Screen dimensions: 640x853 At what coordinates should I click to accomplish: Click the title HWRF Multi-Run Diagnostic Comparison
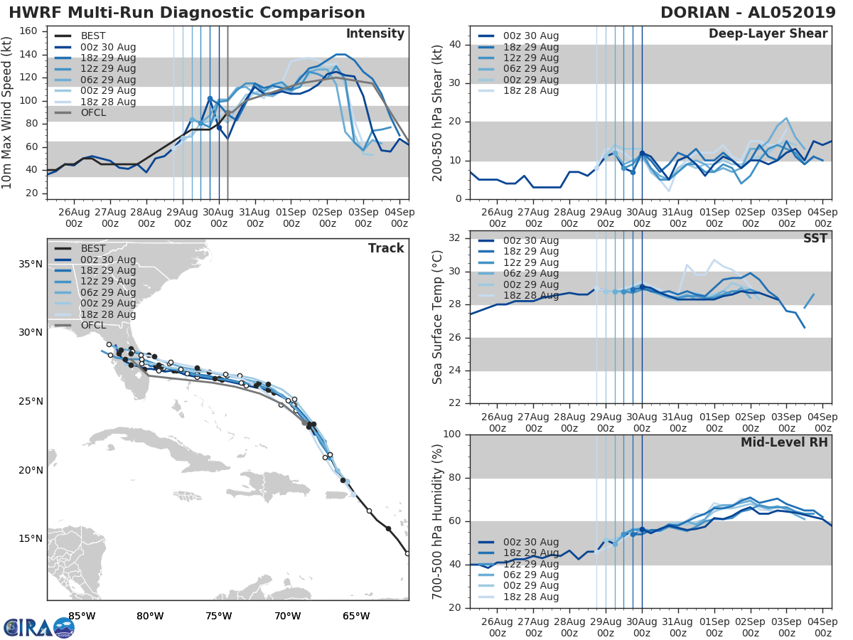[x=187, y=13]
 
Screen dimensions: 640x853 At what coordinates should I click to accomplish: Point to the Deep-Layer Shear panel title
[x=768, y=34]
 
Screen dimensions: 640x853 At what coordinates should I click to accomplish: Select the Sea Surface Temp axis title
[x=439, y=317]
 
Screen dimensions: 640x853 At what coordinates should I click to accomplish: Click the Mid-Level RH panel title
[x=784, y=442]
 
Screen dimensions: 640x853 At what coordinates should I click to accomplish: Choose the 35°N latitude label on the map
[x=31, y=265]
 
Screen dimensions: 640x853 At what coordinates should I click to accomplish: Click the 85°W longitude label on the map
[x=82, y=616]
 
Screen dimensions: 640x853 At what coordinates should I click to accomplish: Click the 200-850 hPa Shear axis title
[x=439, y=112]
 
